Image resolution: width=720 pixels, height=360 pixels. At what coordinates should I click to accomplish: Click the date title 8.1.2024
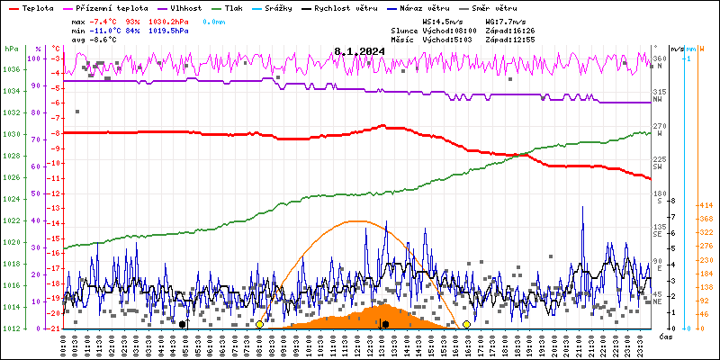coord(359,52)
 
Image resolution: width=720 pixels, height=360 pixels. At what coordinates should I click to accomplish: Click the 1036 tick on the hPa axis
coord(12,69)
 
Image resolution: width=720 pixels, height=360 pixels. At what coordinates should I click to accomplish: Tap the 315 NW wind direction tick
coord(660,93)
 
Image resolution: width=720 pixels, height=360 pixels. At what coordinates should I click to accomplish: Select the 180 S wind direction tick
coord(658,193)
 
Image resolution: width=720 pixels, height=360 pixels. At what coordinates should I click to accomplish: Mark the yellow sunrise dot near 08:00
coord(259,324)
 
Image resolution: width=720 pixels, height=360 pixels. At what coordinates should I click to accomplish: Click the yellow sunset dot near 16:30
coord(466,324)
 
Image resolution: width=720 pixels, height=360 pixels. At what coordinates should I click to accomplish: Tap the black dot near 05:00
coord(183,324)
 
